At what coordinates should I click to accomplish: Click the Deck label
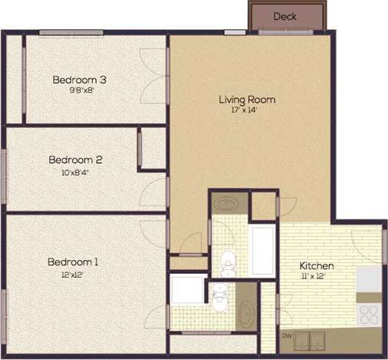[x=285, y=16]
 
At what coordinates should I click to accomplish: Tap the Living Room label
[x=247, y=99]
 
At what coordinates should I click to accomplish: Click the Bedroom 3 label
[x=79, y=79]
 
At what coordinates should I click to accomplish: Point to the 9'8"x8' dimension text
[x=79, y=89]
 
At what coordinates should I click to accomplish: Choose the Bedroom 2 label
[x=75, y=160]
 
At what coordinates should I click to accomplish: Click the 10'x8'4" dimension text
[x=75, y=172]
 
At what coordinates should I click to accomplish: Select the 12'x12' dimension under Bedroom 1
[x=72, y=274]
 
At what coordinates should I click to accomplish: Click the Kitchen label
[x=316, y=266]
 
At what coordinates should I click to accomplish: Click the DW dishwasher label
[x=287, y=336]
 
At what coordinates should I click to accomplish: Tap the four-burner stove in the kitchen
[x=369, y=315]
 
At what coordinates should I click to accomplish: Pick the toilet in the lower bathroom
[x=221, y=296]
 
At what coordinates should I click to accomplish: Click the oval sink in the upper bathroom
[x=225, y=204]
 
